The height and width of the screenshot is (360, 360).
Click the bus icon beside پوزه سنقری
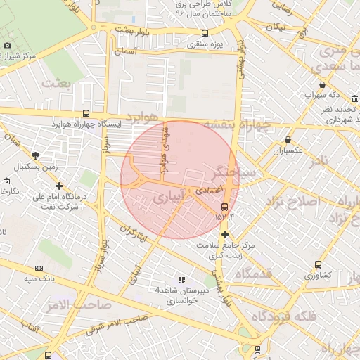pyautogui.click(x=205, y=33)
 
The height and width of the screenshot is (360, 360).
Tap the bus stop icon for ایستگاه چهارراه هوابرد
pyautogui.click(x=86, y=113)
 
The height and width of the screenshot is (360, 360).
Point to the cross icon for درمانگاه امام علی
pyautogui.click(x=59, y=186)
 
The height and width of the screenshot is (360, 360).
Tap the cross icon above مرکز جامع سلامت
pyautogui.click(x=225, y=234)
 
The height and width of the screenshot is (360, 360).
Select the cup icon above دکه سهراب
pyautogui.click(x=321, y=84)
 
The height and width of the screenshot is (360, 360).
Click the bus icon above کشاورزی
pyautogui.click(x=318, y=265)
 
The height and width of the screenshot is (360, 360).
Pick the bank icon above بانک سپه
pyautogui.click(x=38, y=268)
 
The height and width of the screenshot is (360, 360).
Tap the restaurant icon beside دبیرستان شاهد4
pyautogui.click(x=181, y=280)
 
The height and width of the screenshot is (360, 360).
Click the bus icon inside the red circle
pyautogui.click(x=224, y=207)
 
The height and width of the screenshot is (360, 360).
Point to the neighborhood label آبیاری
pyautogui.click(x=170, y=200)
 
